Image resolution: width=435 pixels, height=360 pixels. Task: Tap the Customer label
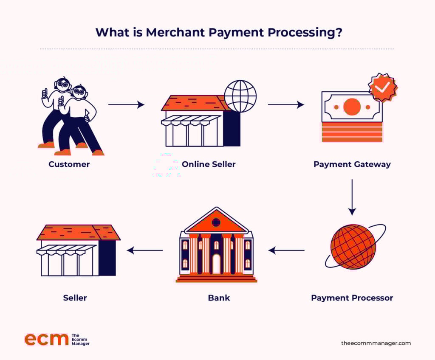(x=69, y=164)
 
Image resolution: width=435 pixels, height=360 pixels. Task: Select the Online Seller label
(x=209, y=164)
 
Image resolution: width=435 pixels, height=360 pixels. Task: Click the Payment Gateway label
(x=352, y=164)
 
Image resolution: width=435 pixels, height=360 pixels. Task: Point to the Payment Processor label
(x=352, y=298)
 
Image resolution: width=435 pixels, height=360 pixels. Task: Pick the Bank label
(x=219, y=298)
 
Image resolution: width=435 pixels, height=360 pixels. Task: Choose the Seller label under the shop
(x=75, y=298)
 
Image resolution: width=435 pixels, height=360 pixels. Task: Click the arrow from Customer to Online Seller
(x=127, y=104)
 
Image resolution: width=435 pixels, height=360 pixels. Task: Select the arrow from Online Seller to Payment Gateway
(x=286, y=104)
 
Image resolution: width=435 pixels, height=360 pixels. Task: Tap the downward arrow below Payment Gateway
(x=352, y=197)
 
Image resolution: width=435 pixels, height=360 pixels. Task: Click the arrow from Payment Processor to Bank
(x=286, y=250)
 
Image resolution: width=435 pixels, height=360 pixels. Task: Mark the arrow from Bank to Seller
(x=145, y=250)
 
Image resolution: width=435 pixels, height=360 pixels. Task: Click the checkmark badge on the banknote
(x=383, y=87)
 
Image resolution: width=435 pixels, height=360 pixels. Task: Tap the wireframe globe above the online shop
(x=240, y=96)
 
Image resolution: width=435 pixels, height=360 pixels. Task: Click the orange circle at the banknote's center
(x=352, y=107)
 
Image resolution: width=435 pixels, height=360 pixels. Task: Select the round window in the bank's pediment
(x=216, y=222)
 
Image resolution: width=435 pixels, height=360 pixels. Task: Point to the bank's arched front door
(x=216, y=264)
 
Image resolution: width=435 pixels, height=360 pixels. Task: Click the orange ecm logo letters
(x=46, y=339)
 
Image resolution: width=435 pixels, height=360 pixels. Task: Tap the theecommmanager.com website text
(x=376, y=343)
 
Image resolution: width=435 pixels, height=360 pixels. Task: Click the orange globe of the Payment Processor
(x=353, y=247)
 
